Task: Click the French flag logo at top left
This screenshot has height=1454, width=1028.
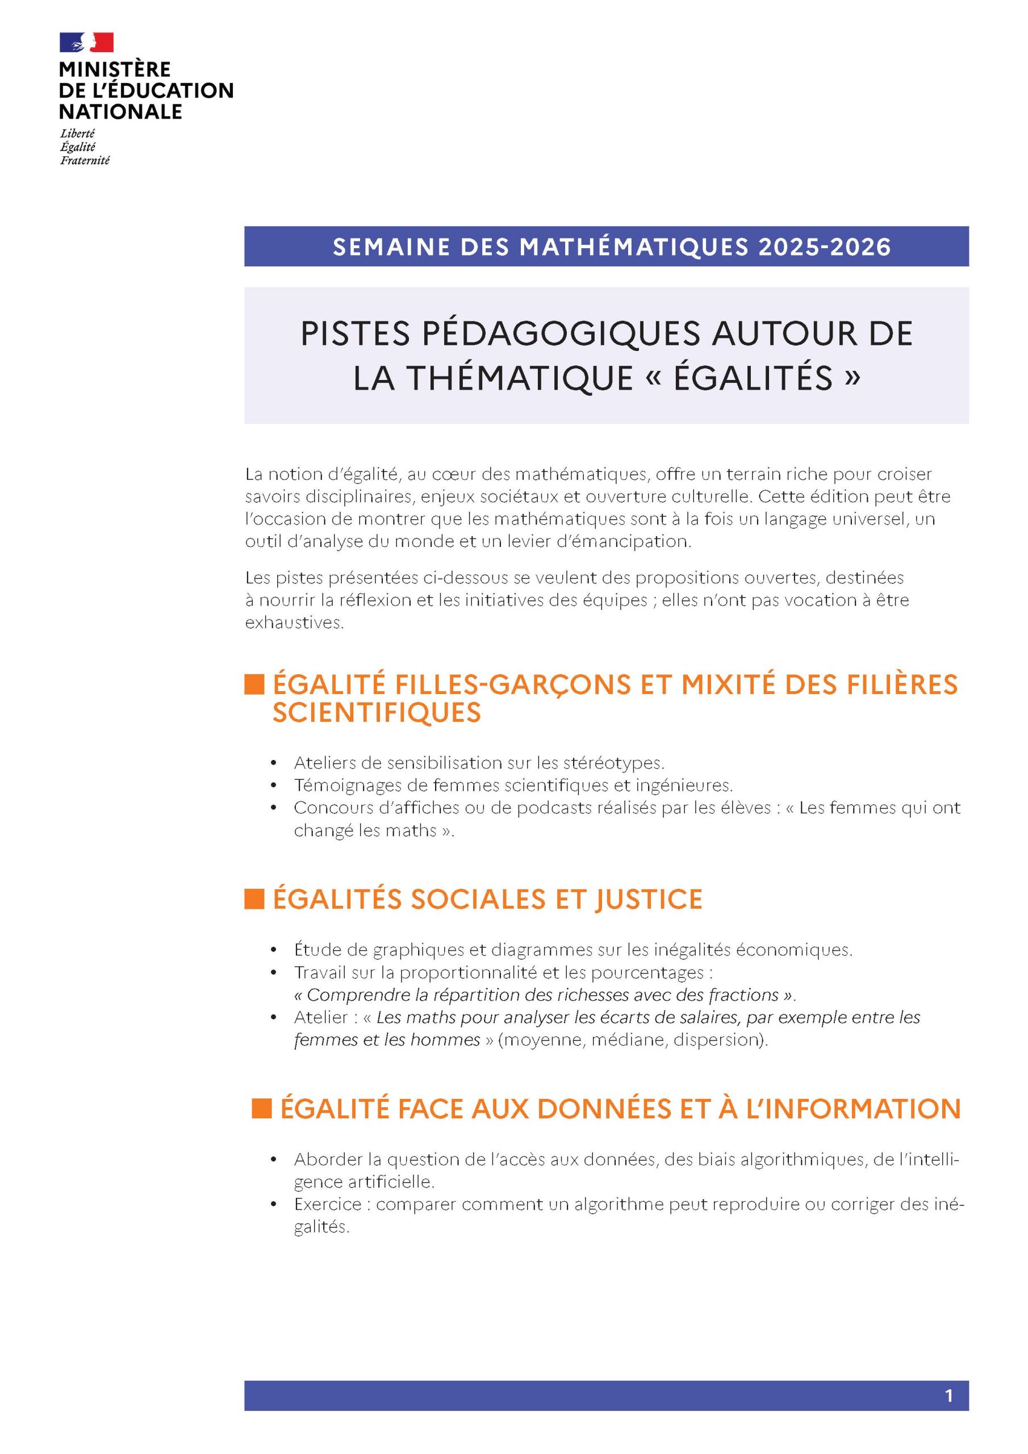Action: [87, 43]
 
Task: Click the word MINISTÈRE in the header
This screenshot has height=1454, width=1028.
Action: [115, 69]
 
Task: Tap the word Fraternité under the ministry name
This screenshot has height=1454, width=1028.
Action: [85, 160]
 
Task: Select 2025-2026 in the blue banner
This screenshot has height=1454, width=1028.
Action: [824, 247]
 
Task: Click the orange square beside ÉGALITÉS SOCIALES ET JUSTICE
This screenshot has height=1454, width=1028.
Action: [254, 899]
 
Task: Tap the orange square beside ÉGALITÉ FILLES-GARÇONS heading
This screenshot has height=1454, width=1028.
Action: [254, 684]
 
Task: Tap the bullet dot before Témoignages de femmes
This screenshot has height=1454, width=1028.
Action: [274, 786]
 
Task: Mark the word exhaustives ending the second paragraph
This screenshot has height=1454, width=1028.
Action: [294, 622]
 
